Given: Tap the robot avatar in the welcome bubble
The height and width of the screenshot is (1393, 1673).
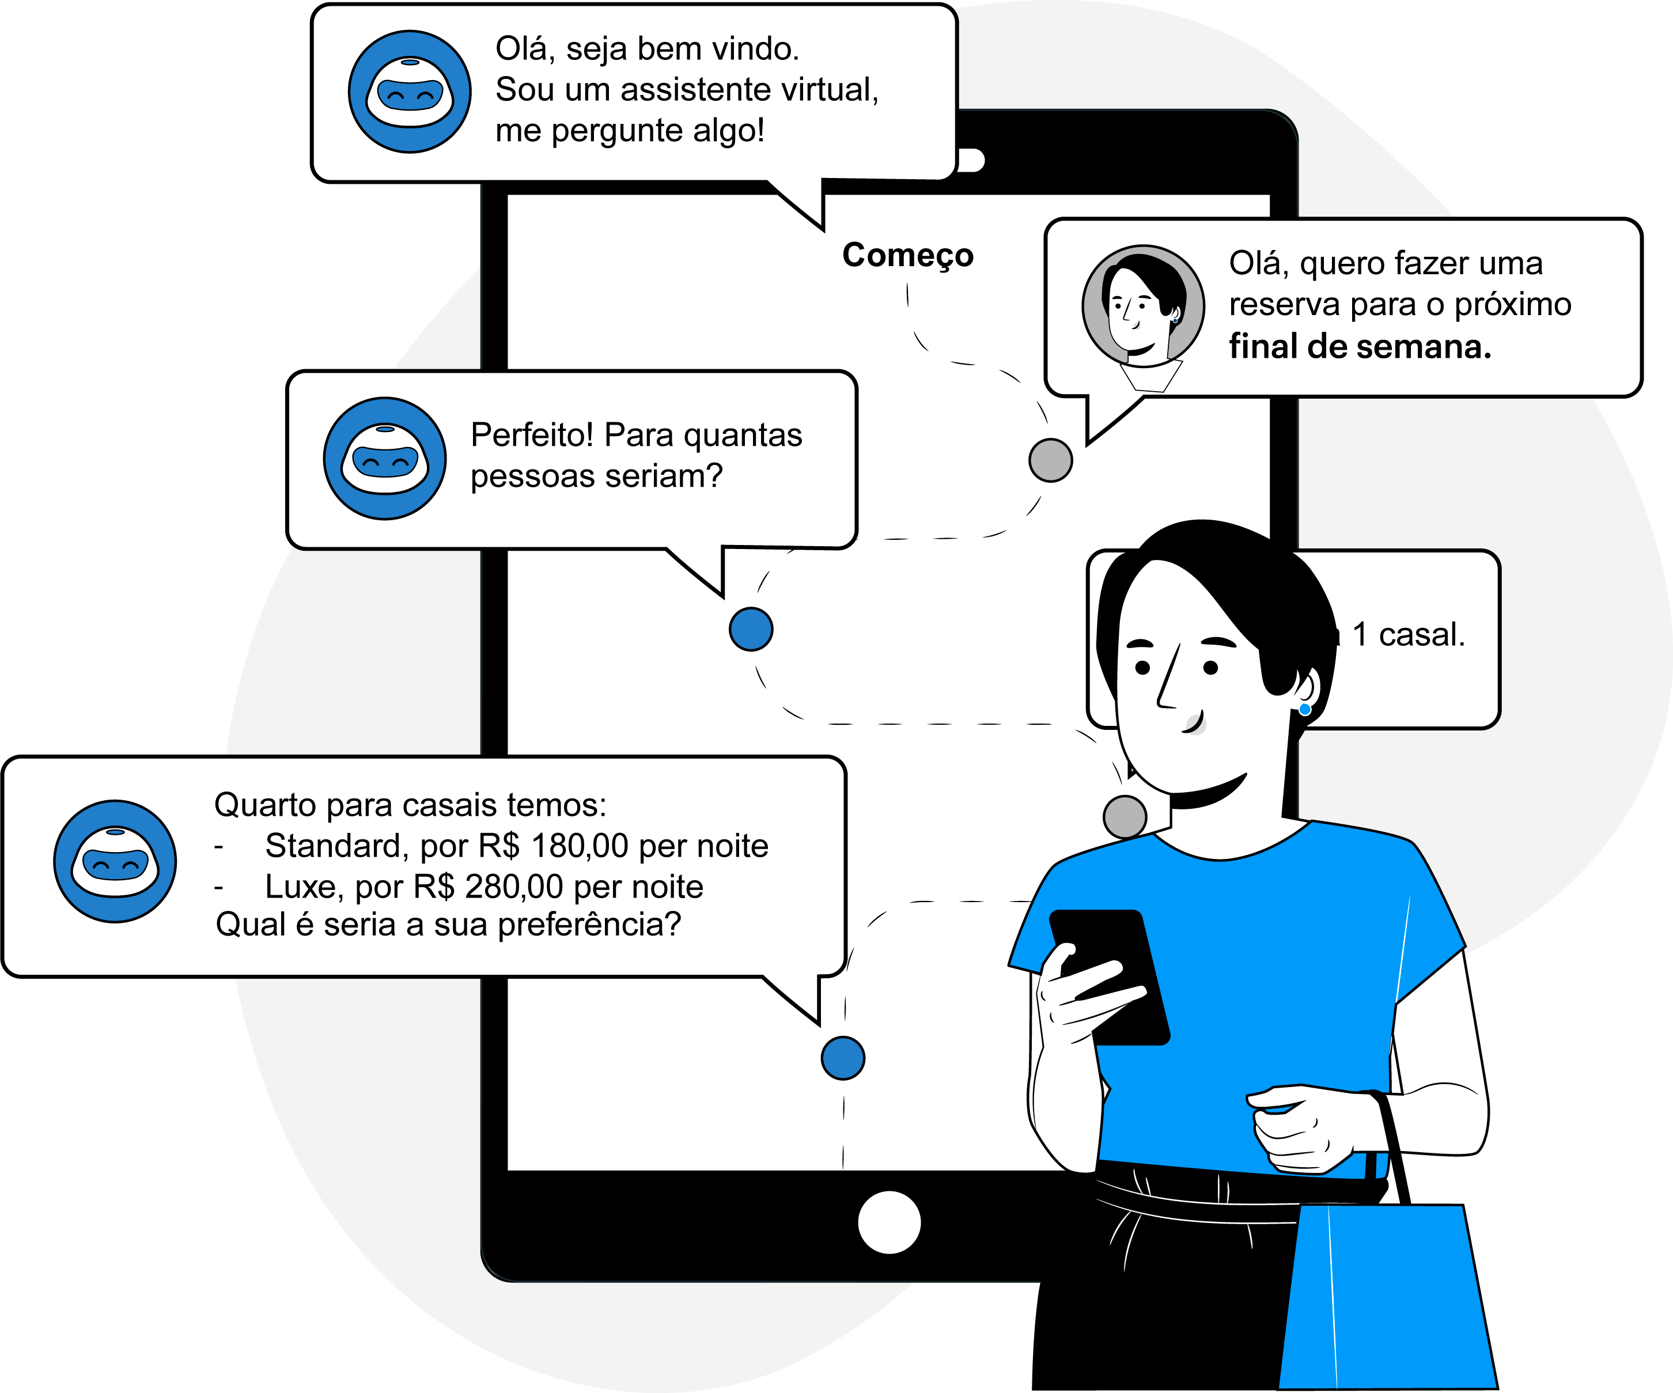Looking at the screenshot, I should [x=410, y=92].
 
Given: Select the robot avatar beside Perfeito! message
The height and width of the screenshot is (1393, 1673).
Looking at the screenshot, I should [x=385, y=459].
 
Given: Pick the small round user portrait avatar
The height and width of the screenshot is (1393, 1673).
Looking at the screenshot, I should [x=1143, y=306].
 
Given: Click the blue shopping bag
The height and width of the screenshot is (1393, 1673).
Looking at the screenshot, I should [x=1386, y=1298].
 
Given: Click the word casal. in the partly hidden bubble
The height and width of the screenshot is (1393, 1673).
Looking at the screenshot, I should [x=1422, y=635].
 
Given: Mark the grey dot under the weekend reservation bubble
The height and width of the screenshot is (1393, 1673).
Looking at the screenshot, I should [x=1050, y=460].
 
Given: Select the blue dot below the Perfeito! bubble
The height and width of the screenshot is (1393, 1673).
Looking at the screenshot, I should [x=751, y=629].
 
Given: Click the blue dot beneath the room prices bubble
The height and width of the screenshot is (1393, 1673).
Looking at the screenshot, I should [x=843, y=1058].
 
